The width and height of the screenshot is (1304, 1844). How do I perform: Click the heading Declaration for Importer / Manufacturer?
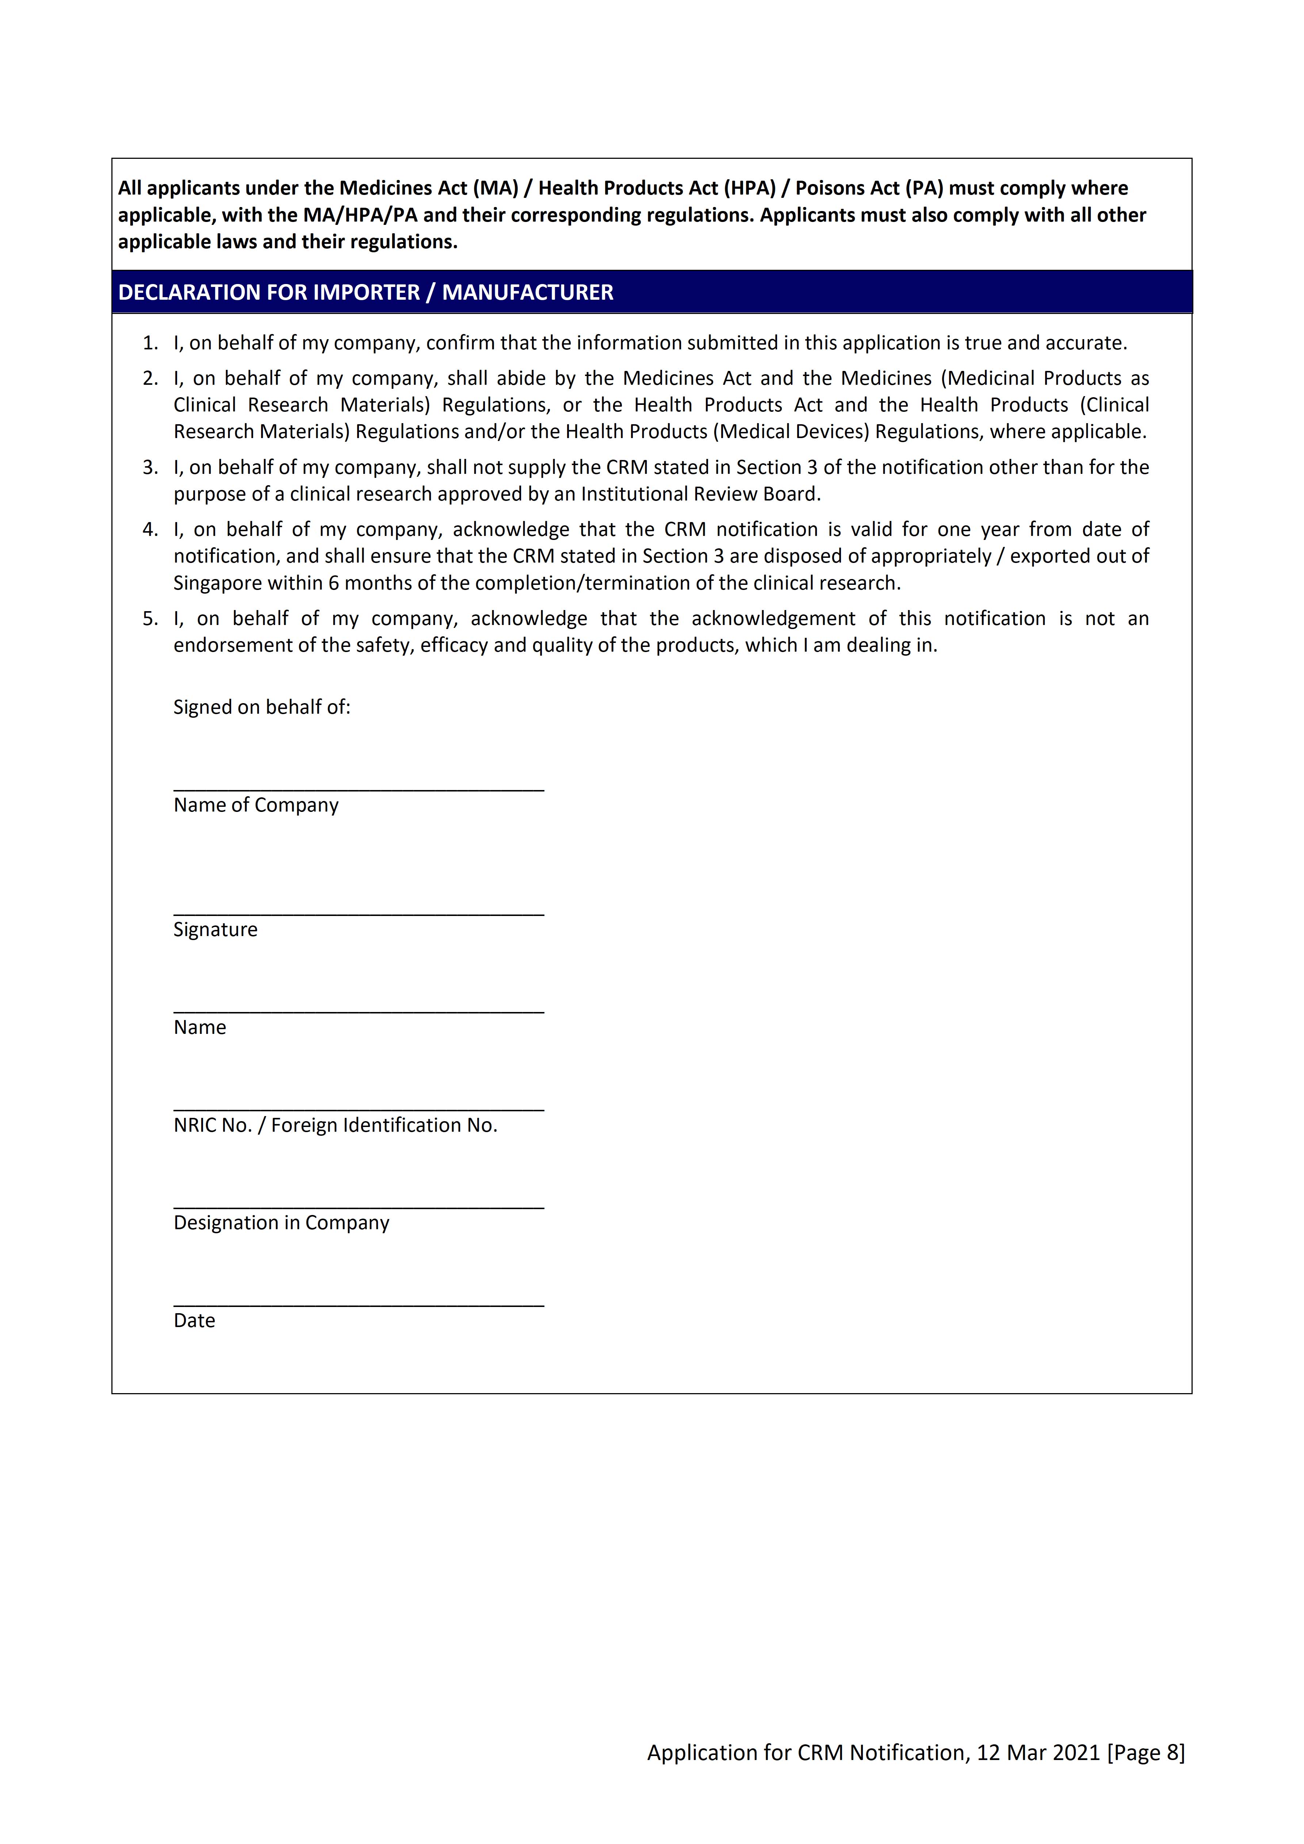[x=366, y=292]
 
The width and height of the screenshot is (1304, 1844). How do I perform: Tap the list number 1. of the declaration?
[x=150, y=343]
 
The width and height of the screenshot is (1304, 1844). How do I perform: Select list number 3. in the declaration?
[x=150, y=467]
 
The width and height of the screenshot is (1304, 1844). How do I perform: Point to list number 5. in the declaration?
[x=150, y=618]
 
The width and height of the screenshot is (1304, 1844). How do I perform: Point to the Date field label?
[x=194, y=1321]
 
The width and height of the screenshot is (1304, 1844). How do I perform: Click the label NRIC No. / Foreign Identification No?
[x=335, y=1125]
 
